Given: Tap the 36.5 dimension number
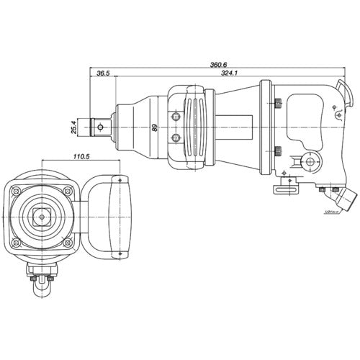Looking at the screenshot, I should tap(102, 73).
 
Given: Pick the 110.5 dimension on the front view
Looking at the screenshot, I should tap(80, 156).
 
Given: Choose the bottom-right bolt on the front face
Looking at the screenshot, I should tap(67, 245).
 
